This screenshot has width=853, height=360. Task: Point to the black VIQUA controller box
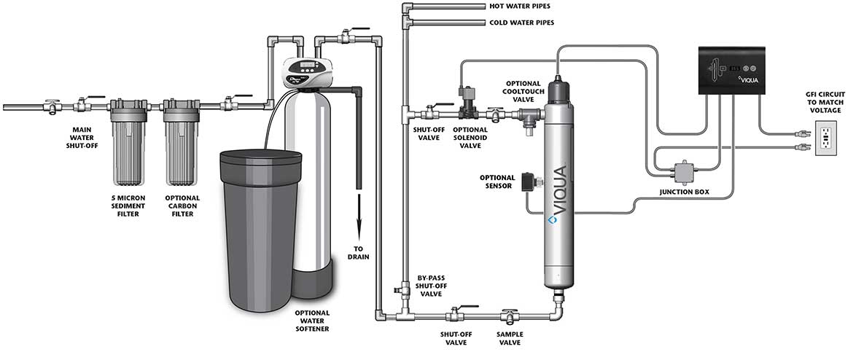pos(733,71)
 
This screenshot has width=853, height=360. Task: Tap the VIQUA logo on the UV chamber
pos(560,196)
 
